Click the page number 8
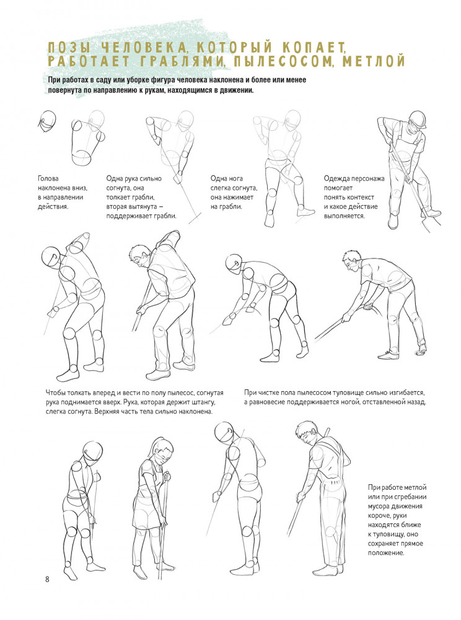pyautogui.click(x=47, y=580)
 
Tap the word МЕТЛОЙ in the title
pyautogui.click(x=374, y=61)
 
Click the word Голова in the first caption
pyautogui.click(x=48, y=179)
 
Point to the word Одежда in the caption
pyautogui.click(x=336, y=179)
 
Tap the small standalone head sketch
pyautogui.click(x=47, y=122)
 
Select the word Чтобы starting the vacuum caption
pyautogui.click(x=56, y=393)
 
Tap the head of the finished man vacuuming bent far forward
pyautogui.click(x=351, y=261)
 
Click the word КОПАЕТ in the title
pyautogui.click(x=314, y=48)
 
